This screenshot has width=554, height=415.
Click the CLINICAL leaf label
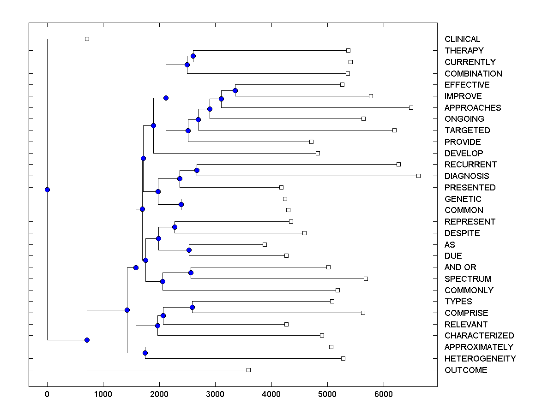point(462,39)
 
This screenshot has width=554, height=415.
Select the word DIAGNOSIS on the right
point(467,176)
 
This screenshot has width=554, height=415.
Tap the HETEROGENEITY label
point(480,359)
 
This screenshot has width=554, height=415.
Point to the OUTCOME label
point(466,370)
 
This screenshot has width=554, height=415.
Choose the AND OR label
point(460,267)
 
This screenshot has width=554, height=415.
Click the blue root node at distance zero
point(47,190)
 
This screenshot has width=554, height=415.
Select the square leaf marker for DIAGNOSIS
point(418,176)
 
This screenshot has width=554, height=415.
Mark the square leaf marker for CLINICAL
point(87,39)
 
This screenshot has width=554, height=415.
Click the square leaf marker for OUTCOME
point(248,370)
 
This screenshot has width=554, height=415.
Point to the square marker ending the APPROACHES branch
point(411,107)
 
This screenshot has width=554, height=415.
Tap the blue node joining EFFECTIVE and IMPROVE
point(235,90)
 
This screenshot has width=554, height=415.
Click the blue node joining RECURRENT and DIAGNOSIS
point(197,170)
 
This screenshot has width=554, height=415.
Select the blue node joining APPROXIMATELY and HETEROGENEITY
point(145,353)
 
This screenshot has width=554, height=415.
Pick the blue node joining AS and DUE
point(189,250)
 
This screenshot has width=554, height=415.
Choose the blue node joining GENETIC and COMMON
point(181,204)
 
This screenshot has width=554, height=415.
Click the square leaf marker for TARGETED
point(394,130)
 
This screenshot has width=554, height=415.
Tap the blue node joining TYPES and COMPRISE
point(192,307)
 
